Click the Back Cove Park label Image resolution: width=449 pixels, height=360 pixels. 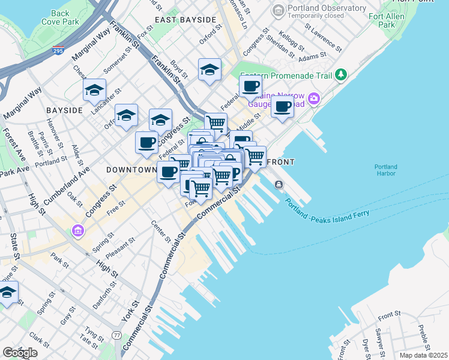pyautogui.click(x=60, y=17)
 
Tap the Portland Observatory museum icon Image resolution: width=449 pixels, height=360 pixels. pyautogui.click(x=278, y=11)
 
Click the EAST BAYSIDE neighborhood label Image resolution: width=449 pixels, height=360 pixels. pyautogui.click(x=185, y=20)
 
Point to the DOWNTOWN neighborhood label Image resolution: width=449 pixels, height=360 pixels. pyautogui.click(x=131, y=170)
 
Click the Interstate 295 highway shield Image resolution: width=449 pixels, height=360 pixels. pyautogui.click(x=58, y=50)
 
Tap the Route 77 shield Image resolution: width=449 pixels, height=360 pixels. pyautogui.click(x=116, y=335)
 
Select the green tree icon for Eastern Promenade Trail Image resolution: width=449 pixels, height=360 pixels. pyautogui.click(x=342, y=74)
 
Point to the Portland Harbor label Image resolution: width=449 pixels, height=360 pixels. pyautogui.click(x=385, y=170)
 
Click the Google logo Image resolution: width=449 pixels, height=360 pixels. pyautogui.click(x=20, y=353)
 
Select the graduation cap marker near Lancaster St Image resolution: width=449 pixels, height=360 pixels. pyautogui.click(x=94, y=91)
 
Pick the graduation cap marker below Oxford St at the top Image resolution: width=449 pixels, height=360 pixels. pyautogui.click(x=210, y=70)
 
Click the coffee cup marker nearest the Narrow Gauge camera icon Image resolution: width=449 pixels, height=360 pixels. pyautogui.click(x=282, y=107)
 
